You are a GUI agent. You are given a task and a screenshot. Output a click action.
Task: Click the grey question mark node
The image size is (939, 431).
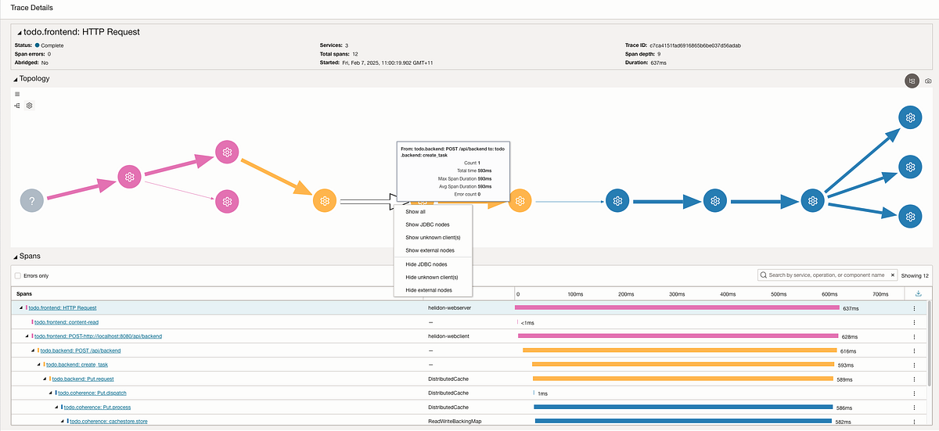[31, 201]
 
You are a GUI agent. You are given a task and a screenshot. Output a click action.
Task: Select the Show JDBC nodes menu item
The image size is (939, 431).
[426, 224]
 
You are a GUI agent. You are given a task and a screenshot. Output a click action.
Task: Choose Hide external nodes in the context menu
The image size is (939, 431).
[430, 290]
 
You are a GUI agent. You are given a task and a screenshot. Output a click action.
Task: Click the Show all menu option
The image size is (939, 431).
[416, 211]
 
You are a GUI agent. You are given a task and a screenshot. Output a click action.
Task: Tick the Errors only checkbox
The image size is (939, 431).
[18, 275]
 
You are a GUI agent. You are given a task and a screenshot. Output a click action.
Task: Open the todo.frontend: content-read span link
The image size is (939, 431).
[67, 321]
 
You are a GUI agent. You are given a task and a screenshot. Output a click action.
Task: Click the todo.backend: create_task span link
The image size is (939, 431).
[77, 365]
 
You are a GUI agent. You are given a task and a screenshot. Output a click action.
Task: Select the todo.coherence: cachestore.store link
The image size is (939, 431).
[108, 421]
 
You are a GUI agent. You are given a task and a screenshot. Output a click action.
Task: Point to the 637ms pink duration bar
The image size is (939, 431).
[677, 307]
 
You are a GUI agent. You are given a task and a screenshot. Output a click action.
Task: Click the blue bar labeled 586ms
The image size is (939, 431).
[682, 407]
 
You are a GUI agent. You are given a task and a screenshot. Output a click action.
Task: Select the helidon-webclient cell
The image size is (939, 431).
[449, 336]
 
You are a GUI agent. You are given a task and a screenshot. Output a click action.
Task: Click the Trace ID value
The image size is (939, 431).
[695, 45]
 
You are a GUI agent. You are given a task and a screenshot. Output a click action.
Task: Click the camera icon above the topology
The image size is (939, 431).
[928, 81]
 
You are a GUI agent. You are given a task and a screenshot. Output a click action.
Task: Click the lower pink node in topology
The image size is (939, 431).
[226, 201]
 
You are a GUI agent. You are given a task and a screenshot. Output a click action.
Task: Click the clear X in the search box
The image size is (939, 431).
[892, 275]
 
